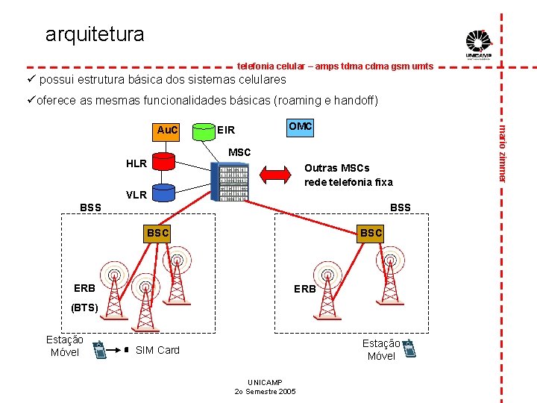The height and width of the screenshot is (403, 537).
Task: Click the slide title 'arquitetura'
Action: click(95, 34)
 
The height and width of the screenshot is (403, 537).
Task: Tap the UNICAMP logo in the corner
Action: click(478, 44)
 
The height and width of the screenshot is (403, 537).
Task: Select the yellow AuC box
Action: click(167, 131)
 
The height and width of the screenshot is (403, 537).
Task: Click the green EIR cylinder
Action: click(202, 132)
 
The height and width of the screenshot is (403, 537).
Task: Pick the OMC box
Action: click(300, 127)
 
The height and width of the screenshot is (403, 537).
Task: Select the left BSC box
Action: click(158, 233)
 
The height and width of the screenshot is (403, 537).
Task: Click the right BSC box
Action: click(371, 233)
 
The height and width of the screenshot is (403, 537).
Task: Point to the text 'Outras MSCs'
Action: click(336, 168)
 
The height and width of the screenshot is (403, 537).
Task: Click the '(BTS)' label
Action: click(85, 307)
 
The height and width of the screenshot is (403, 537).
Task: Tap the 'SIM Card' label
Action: click(158, 350)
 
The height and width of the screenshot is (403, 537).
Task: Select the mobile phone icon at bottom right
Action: click(409, 347)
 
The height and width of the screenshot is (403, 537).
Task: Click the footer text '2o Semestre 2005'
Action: click(265, 391)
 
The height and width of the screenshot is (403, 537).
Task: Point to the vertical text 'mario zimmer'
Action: click(503, 149)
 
